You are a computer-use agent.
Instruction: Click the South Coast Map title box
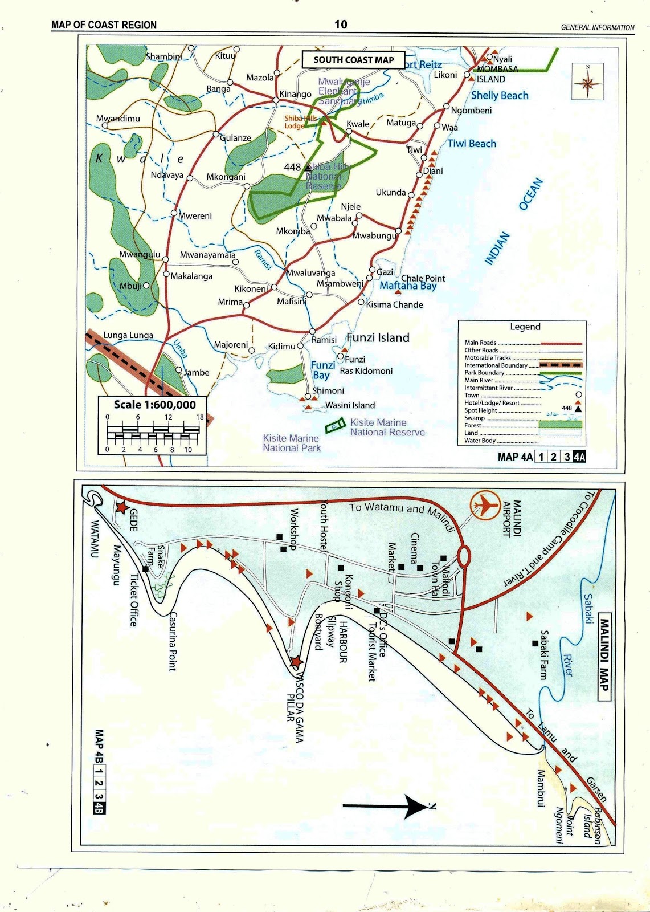[353, 59]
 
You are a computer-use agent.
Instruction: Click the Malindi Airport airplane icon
[485, 504]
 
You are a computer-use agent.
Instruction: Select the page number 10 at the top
[341, 24]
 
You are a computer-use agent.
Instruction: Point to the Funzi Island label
[378, 337]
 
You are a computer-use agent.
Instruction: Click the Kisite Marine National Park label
[291, 443]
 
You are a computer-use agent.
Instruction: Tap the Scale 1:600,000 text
[154, 405]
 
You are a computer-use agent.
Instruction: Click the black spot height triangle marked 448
[308, 167]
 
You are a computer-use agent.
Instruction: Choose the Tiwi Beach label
[472, 144]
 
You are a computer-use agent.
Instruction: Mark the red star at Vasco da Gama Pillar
[296, 662]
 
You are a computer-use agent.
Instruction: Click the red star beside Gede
[121, 507]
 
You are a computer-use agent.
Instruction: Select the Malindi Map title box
[604, 655]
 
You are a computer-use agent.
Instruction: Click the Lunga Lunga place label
[128, 335]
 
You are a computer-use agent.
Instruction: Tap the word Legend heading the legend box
[525, 327]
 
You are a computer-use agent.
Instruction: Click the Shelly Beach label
[500, 96]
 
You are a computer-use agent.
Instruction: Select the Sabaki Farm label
[544, 655]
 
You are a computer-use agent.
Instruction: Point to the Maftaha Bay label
[408, 286]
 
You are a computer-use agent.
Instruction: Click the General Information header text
[597, 27]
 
